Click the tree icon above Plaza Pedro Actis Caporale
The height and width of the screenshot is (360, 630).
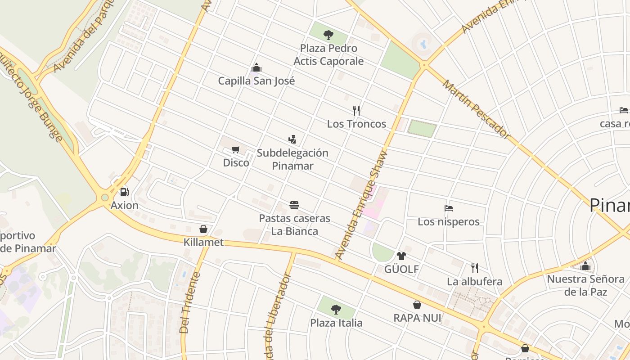(x=328, y=34)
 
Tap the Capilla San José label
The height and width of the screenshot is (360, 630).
(x=256, y=81)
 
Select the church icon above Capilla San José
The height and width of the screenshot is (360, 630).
(x=256, y=68)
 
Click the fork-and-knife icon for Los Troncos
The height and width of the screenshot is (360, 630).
(x=356, y=110)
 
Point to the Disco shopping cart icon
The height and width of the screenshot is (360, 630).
(x=236, y=149)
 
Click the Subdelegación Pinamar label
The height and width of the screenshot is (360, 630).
(x=292, y=159)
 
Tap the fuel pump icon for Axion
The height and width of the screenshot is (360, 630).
(x=124, y=192)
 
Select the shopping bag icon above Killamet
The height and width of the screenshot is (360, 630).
(x=203, y=229)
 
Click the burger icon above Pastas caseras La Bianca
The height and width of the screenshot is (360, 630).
(x=294, y=205)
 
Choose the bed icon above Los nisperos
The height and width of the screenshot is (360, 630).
(x=448, y=208)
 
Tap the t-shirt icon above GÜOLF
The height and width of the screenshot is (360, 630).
(x=401, y=256)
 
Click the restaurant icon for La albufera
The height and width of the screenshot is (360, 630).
(x=474, y=268)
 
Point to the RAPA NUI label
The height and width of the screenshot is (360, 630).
(x=417, y=318)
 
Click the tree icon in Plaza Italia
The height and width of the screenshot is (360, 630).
(x=336, y=309)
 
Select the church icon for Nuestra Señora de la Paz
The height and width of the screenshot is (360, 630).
(x=585, y=266)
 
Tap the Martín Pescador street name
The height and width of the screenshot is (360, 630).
(x=477, y=109)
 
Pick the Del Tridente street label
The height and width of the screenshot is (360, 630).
(x=189, y=302)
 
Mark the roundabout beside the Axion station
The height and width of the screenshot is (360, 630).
(x=105, y=197)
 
